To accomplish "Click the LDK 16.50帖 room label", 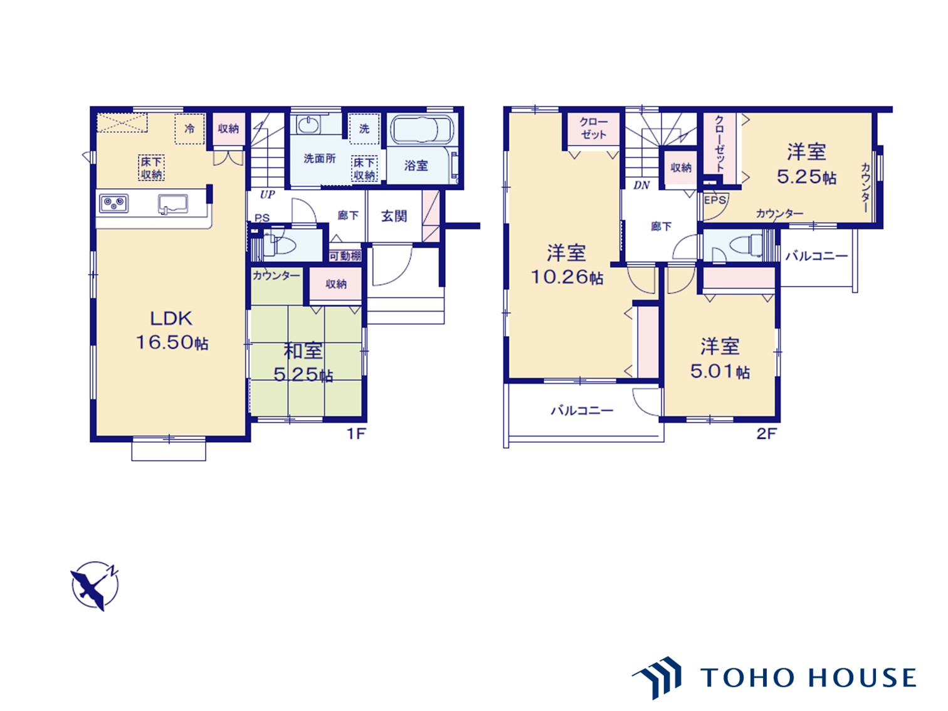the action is tap(172, 330).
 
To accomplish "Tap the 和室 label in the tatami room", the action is tap(303, 351).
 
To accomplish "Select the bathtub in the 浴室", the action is tap(421, 129).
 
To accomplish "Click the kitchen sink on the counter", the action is tap(173, 204).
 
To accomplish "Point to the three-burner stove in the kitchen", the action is tap(113, 203).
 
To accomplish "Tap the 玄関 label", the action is tap(394, 216).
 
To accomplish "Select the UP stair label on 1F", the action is tap(267, 195).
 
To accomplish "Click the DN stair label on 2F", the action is tap(641, 185).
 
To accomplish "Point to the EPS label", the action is tap(715, 200).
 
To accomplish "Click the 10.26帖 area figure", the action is tap(566, 276).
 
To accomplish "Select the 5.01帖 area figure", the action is tap(720, 371).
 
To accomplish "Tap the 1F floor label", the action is tap(356, 433).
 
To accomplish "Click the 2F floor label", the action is tap(767, 433).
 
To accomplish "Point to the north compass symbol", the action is tap(95, 586).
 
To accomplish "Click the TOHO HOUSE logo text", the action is tap(808, 677).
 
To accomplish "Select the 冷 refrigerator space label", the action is tap(189, 129).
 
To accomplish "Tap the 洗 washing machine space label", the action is tap(364, 129).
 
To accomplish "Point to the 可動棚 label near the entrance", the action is tap(345, 256).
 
